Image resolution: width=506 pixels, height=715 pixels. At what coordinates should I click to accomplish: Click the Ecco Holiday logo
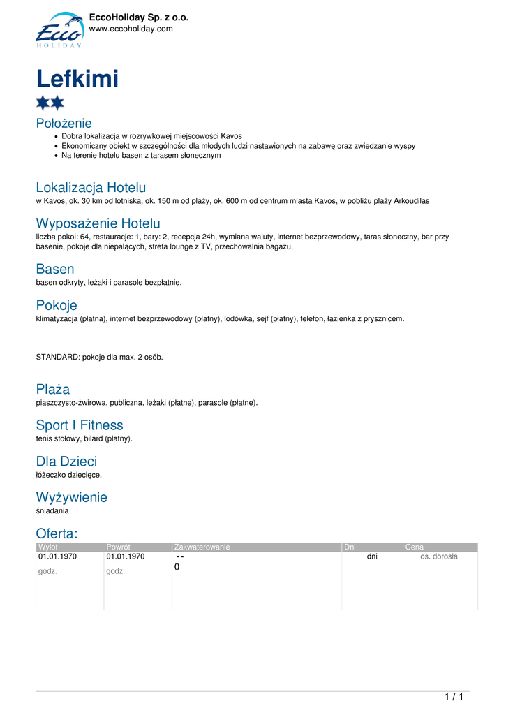click(x=59, y=30)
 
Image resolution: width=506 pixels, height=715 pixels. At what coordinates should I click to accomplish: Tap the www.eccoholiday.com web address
click(x=131, y=29)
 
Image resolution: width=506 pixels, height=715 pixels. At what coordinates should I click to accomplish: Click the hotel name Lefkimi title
click(x=77, y=79)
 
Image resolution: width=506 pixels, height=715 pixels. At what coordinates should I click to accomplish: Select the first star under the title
click(x=43, y=103)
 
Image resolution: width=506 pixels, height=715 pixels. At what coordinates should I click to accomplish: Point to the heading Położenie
click(x=64, y=124)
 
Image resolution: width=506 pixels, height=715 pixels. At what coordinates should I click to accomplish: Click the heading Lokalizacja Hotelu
click(x=91, y=187)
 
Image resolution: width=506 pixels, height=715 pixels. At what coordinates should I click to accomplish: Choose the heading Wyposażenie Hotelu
click(x=98, y=223)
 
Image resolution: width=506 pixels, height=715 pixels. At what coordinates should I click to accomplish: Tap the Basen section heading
click(x=55, y=269)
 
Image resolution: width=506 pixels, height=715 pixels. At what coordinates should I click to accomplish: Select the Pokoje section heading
click(x=57, y=305)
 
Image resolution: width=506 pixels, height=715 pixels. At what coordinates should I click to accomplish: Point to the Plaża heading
click(x=53, y=389)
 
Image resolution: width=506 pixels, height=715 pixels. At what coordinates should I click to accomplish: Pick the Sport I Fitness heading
click(x=80, y=425)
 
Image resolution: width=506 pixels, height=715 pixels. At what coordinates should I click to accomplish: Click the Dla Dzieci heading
click(x=66, y=462)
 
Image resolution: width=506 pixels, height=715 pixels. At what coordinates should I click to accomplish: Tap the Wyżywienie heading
click(x=71, y=498)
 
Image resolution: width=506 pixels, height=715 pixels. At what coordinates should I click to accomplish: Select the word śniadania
click(x=52, y=511)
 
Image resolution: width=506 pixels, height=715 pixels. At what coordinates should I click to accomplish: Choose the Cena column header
click(x=415, y=547)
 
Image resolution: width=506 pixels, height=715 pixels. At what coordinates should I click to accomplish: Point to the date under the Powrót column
click(x=126, y=557)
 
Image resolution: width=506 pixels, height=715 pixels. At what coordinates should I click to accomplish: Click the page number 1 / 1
click(x=454, y=697)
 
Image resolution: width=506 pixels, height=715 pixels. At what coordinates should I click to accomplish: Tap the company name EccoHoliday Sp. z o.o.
click(x=139, y=17)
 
